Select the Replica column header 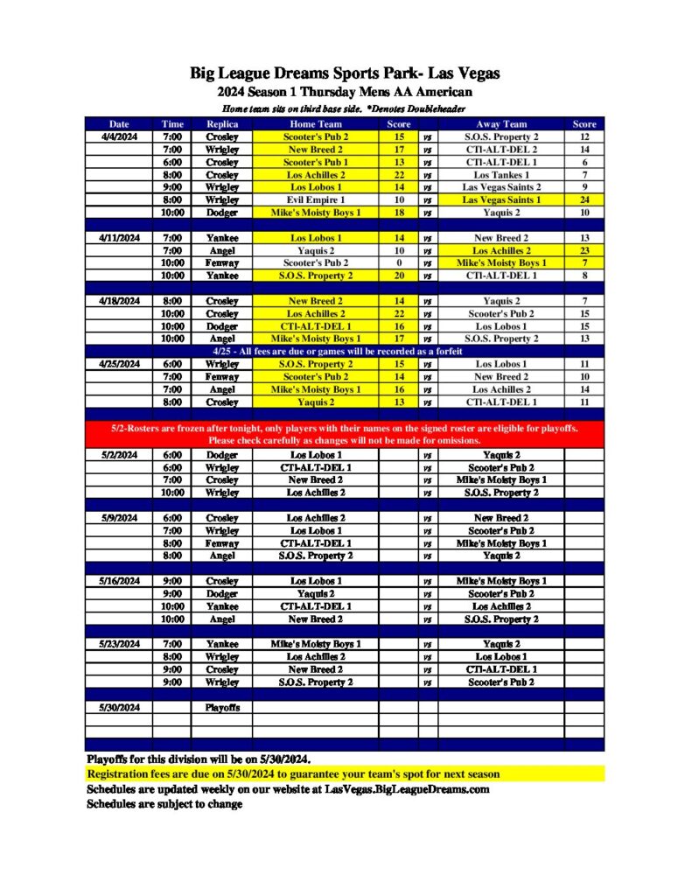click(221, 124)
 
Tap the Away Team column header click(501, 124)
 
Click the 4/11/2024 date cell click(119, 237)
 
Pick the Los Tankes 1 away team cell click(501, 174)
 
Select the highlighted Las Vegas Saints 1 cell click(501, 199)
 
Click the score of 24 click(584, 199)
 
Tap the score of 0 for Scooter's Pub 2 click(398, 262)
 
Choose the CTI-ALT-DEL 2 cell click(501, 150)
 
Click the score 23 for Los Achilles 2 click(584, 250)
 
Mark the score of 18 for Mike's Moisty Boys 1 click(398, 213)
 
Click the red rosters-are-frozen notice click(345, 434)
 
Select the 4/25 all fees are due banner click(345, 351)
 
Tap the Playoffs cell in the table click(221, 707)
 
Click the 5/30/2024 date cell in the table click(119, 707)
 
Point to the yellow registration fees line click(293, 774)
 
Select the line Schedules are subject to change click(164, 803)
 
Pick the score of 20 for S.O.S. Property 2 click(398, 275)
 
